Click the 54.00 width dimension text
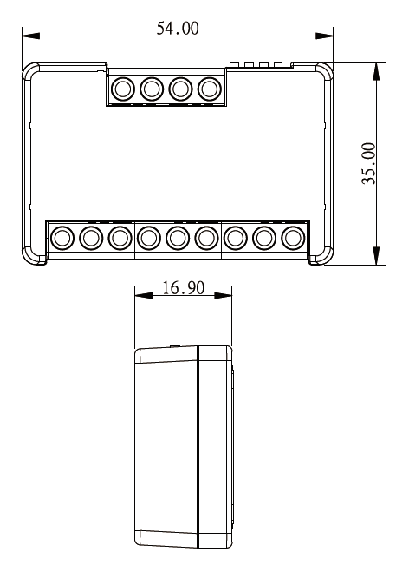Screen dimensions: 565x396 pos(177,28)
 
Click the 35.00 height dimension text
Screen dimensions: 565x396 pos(368,163)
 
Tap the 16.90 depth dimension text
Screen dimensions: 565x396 pos(183,288)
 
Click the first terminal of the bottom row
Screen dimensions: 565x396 pos(62,236)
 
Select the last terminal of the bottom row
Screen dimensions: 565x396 pos(293,236)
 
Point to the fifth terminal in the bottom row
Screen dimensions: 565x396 pos(178,236)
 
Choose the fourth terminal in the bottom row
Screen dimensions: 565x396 pos(148,236)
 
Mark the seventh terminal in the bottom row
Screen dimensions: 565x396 pos(236,236)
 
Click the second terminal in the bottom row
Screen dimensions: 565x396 pos(90,236)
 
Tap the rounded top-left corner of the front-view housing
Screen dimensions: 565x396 pos(30,69)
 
